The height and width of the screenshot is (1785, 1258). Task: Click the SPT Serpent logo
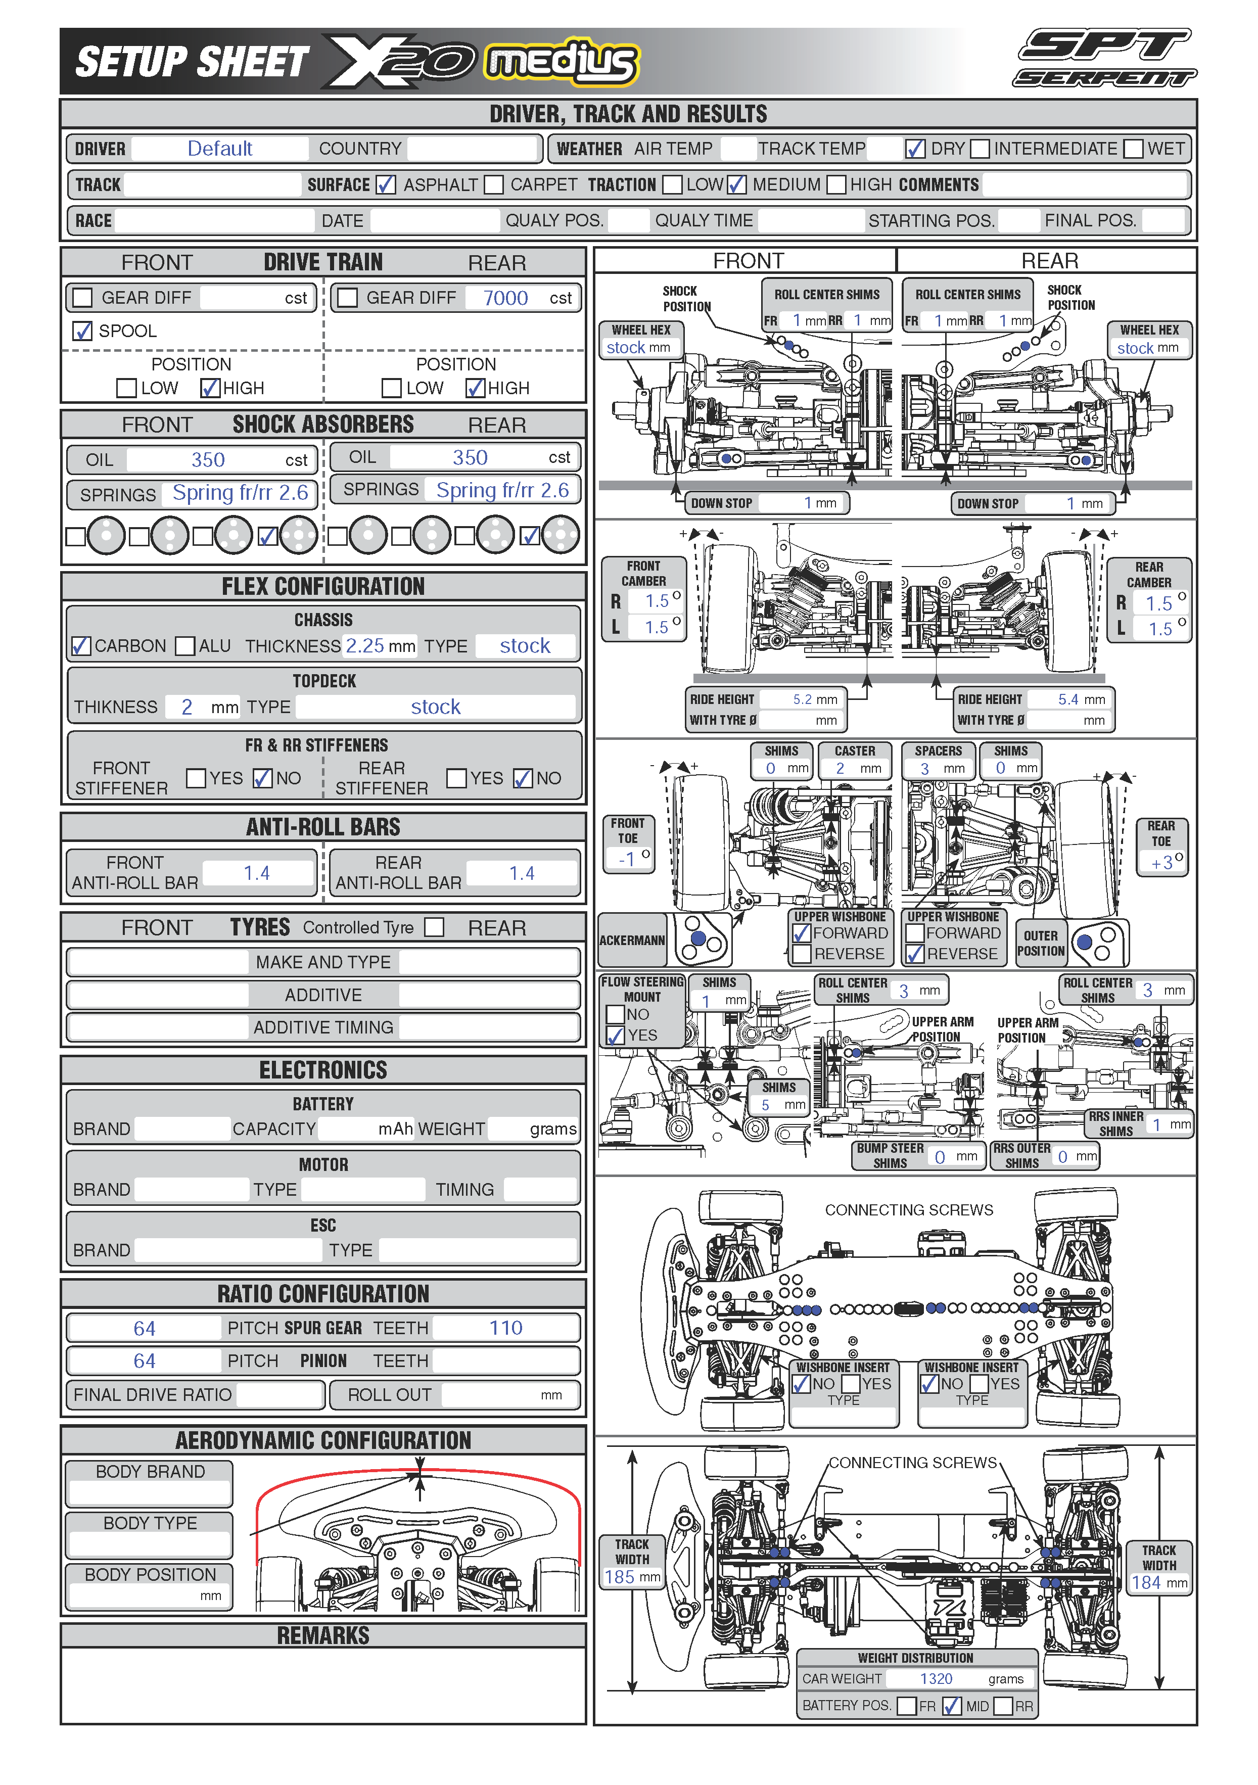pyautogui.click(x=1105, y=58)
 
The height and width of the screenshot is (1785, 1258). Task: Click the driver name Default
pyautogui.click(x=220, y=149)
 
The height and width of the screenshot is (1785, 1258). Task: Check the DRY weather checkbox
pyautogui.click(x=915, y=149)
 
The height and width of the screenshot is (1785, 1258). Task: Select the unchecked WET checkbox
pyautogui.click(x=1134, y=149)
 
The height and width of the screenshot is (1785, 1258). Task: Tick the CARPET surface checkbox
pyautogui.click(x=494, y=185)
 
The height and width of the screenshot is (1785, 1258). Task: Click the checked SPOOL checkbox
pyautogui.click(x=82, y=331)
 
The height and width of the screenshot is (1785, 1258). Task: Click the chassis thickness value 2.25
pyautogui.click(x=364, y=645)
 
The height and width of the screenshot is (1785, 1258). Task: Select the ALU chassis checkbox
pyautogui.click(x=185, y=646)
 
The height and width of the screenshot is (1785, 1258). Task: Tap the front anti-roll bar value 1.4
pyautogui.click(x=257, y=873)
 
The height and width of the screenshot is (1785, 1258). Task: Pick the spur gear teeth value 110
pyautogui.click(x=505, y=1328)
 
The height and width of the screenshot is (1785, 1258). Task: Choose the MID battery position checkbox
pyautogui.click(x=952, y=1706)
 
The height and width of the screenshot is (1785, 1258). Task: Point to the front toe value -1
pyautogui.click(x=627, y=859)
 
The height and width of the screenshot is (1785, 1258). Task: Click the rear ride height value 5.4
pyautogui.click(x=1068, y=699)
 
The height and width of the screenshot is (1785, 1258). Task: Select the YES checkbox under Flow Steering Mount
pyautogui.click(x=615, y=1036)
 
